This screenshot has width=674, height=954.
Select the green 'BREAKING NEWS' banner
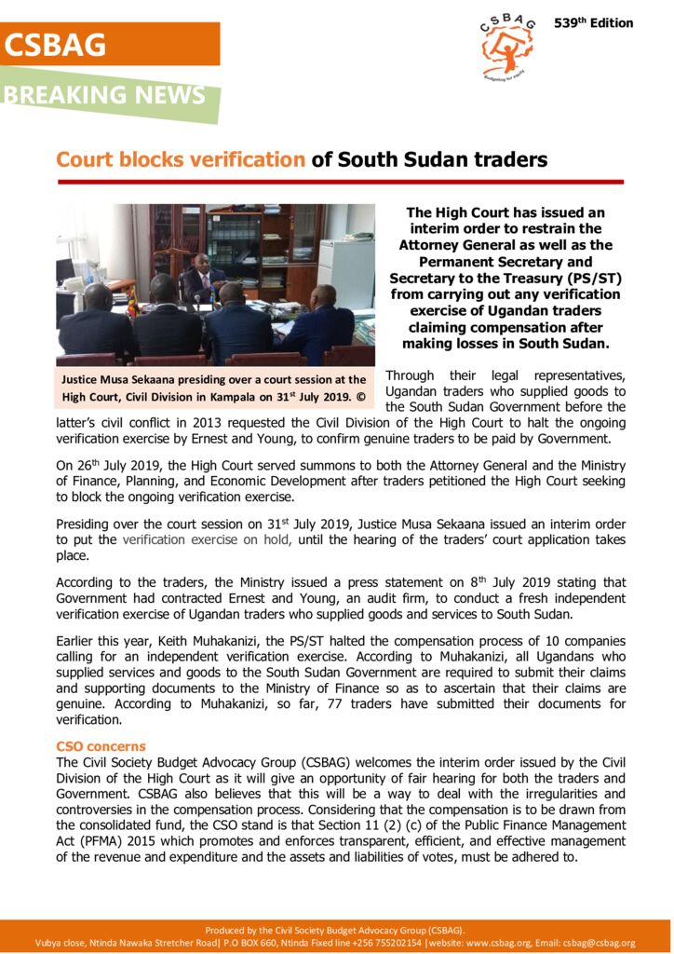pos(104,95)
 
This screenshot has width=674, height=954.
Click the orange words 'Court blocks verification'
pos(181,159)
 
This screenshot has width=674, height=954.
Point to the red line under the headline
pos(340,182)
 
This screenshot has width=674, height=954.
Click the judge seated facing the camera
pos(201,271)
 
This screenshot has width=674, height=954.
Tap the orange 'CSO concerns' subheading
pos(101,746)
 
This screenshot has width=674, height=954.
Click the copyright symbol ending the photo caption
pos(359,397)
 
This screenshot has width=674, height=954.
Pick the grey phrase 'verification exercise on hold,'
pos(207,539)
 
